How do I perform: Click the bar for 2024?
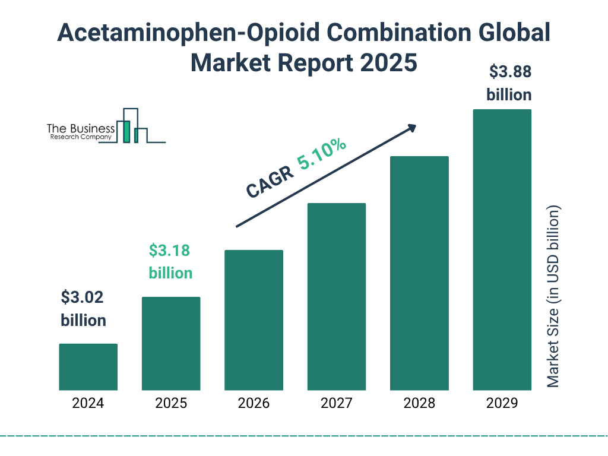pyautogui.click(x=88, y=366)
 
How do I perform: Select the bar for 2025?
pyautogui.click(x=171, y=343)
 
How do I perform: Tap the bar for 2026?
pyautogui.click(x=254, y=320)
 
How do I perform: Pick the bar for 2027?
pyautogui.click(x=336, y=296)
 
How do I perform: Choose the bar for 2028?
pyautogui.click(x=419, y=273)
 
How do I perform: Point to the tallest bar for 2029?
pyautogui.click(x=502, y=249)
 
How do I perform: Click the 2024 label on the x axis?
pyautogui.click(x=88, y=404)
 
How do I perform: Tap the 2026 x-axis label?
pyautogui.click(x=254, y=404)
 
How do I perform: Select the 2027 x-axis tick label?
pyautogui.click(x=336, y=404)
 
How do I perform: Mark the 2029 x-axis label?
pyautogui.click(x=502, y=404)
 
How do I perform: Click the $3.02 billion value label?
pyautogui.click(x=83, y=309)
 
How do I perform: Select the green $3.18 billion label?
pyautogui.click(x=170, y=262)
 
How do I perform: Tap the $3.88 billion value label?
pyautogui.click(x=509, y=83)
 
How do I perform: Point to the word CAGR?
pyautogui.click(x=269, y=182)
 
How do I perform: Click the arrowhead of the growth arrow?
pyautogui.click(x=411, y=128)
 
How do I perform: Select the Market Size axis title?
pyautogui.click(x=553, y=296)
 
